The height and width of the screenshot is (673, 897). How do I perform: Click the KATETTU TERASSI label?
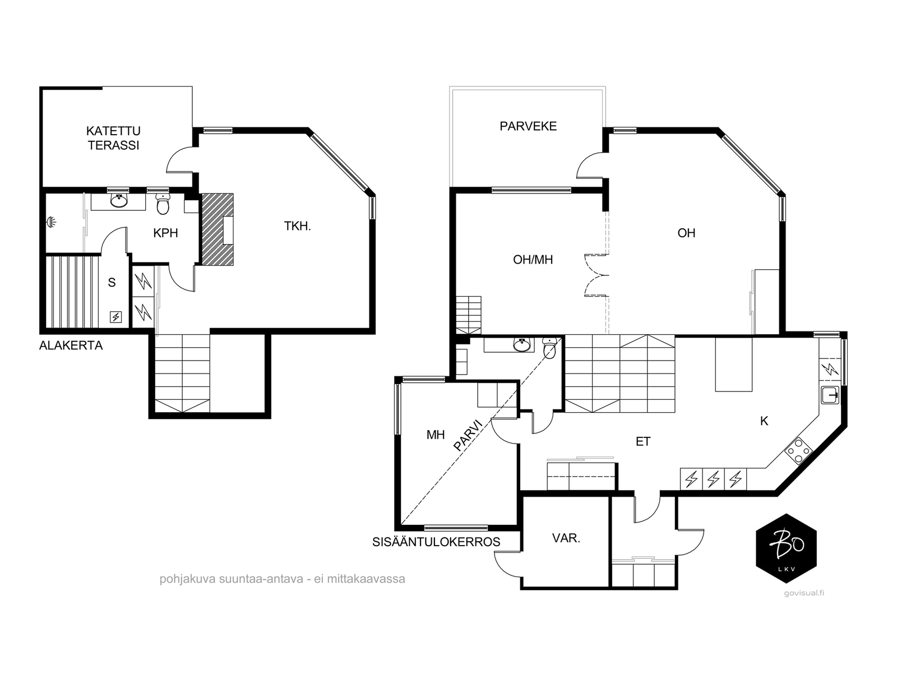113,138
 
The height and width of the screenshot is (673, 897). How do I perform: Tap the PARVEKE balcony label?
528,126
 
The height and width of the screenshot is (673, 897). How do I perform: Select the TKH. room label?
298,226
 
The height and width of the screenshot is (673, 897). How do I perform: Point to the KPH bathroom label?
165,233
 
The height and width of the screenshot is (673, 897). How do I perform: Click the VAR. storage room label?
566,538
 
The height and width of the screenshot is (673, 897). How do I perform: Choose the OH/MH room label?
533,260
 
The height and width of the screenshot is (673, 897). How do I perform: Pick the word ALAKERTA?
71,345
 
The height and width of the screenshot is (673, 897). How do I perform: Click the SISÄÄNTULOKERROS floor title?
436,542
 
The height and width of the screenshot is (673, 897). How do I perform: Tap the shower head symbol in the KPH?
52,222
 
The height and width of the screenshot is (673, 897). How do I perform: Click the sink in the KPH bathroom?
119,201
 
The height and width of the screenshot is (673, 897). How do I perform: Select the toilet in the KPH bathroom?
163,204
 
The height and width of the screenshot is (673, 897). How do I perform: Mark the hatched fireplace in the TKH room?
218,229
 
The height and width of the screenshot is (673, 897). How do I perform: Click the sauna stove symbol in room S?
115,317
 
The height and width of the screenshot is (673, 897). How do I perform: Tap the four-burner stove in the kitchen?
798,451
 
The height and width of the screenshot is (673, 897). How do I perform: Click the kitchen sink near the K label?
830,395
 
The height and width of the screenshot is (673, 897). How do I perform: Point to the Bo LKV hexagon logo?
786,548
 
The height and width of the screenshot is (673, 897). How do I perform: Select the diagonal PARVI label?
468,436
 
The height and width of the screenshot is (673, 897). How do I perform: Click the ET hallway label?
643,441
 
